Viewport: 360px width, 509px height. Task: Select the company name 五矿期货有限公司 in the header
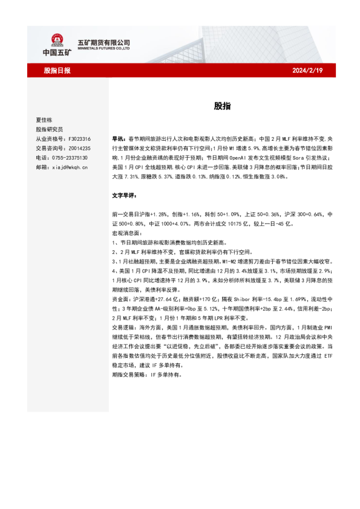[104, 42]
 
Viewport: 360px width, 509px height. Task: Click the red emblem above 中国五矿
[57, 39]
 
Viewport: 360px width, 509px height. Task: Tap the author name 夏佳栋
[45, 120]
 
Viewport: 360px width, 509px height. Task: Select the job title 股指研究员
[50, 129]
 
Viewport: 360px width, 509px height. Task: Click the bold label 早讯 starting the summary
[119, 138]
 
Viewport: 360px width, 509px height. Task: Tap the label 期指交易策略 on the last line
[128, 374]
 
